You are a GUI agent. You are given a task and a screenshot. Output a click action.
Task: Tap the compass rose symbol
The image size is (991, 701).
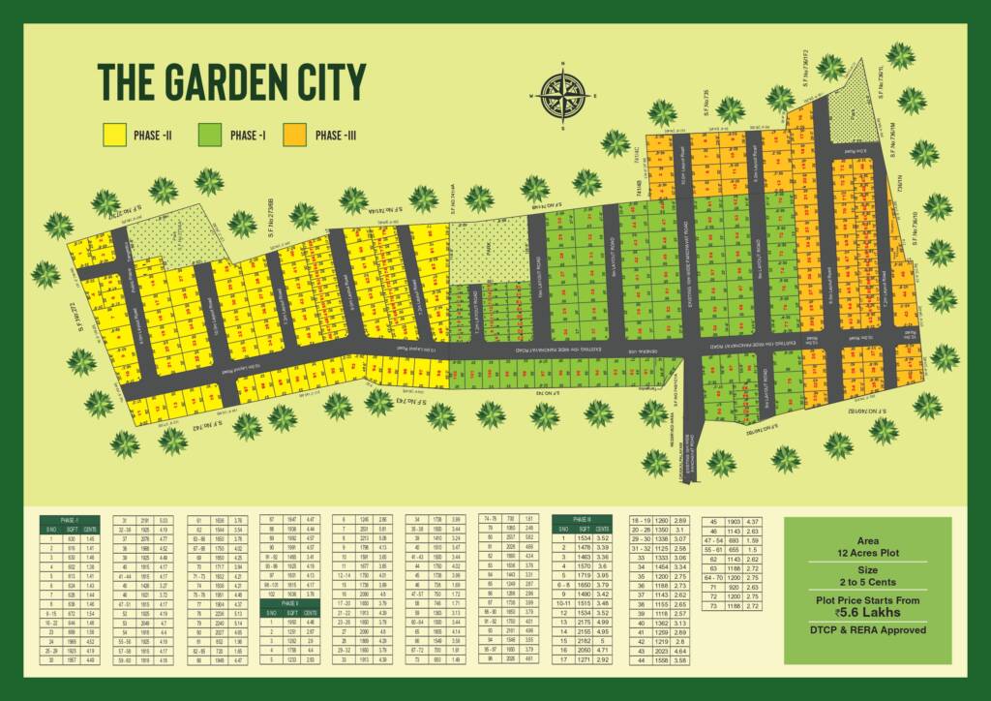coord(560,94)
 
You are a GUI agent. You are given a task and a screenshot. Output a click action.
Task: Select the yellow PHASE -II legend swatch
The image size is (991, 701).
coord(115,136)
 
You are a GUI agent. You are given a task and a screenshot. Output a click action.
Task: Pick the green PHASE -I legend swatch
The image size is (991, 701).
coord(208,136)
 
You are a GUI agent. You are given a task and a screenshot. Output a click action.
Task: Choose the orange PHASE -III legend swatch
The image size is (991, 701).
coord(294,136)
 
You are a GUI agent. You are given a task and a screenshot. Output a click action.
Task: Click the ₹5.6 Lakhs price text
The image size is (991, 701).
coord(867,610)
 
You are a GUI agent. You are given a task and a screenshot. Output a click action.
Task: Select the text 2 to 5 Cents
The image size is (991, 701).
coord(867,583)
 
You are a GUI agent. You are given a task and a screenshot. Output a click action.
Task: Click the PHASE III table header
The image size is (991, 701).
coord(583,519)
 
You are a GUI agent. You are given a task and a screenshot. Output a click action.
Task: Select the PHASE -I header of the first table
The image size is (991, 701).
coord(70,520)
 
